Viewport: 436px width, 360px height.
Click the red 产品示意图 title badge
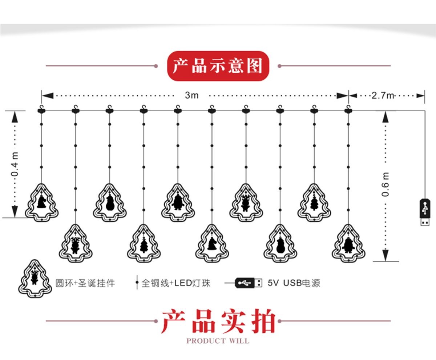tap(218, 66)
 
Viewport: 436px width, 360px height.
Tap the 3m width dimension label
tap(192, 95)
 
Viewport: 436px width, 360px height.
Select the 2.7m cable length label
tap(382, 96)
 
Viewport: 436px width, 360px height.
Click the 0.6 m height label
tap(385, 184)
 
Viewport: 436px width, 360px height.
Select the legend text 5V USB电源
tap(294, 283)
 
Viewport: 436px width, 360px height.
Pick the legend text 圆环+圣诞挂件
tap(85, 283)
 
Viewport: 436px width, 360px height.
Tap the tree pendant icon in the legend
tap(34, 279)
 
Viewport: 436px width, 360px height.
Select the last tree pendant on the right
tap(348, 243)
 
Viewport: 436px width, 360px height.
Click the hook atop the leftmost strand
tap(41, 109)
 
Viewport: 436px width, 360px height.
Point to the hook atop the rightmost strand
tap(348, 109)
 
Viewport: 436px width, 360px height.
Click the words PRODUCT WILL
tap(218, 341)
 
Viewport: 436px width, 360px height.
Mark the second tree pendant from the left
tap(76, 243)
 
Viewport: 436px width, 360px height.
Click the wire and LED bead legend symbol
tap(137, 283)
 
